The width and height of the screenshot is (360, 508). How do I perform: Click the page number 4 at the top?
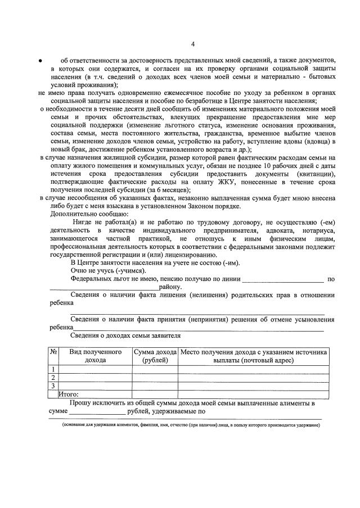[192, 44]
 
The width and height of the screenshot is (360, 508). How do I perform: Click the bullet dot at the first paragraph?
[40, 60]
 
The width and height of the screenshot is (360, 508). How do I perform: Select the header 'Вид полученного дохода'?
[95, 356]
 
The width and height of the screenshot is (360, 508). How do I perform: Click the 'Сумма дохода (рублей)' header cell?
[155, 356]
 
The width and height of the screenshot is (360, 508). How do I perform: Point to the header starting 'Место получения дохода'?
[253, 356]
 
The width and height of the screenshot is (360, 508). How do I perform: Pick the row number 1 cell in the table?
[53, 369]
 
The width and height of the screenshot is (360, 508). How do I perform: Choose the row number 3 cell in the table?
[53, 385]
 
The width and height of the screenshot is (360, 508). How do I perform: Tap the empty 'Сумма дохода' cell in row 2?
[155, 377]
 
